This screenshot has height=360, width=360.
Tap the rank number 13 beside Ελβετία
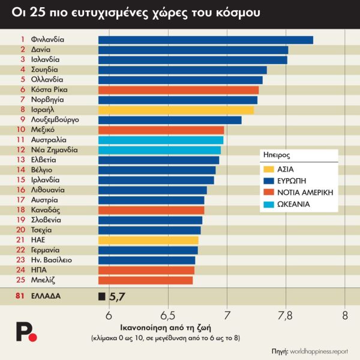[20, 160]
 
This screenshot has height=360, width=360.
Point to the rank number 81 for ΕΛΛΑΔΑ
[20, 296]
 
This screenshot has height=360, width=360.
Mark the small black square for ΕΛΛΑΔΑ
[101, 296]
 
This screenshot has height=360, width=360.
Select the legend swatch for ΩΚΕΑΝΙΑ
[269, 205]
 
